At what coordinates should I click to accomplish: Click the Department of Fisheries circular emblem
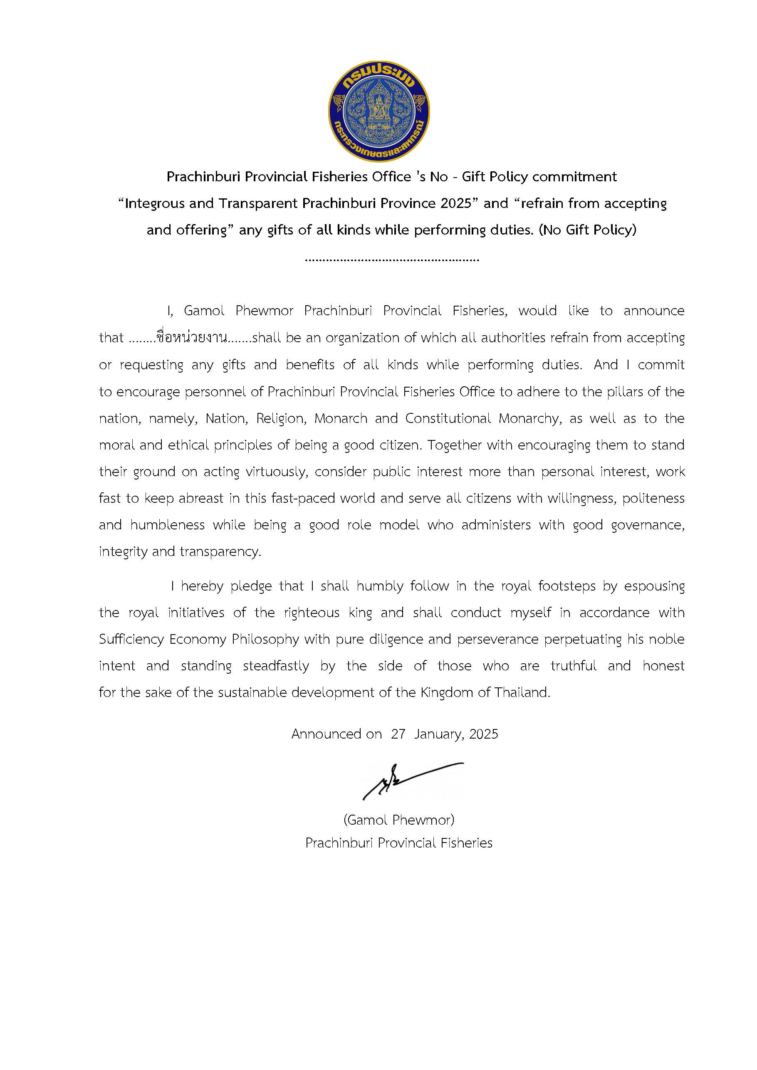tap(379, 111)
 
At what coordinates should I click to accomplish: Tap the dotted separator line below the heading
tap(391, 259)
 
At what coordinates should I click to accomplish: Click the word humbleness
tap(167, 525)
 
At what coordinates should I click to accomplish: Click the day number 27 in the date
tap(398, 734)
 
